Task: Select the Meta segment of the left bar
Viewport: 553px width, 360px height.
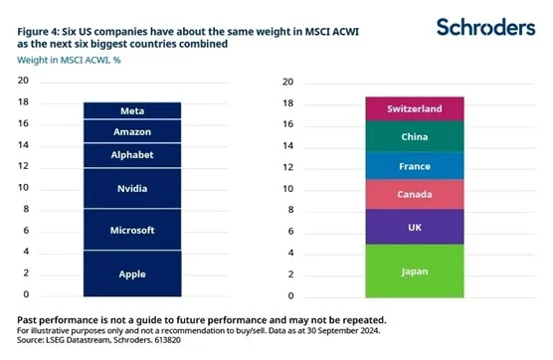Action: coord(131,110)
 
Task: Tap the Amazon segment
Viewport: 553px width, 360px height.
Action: coord(131,131)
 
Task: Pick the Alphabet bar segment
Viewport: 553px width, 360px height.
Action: coord(131,154)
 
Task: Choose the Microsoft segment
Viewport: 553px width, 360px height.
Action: coord(131,230)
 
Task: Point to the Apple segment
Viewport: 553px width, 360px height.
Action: coord(131,273)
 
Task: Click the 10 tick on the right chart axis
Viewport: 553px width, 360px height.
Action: coord(287,189)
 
